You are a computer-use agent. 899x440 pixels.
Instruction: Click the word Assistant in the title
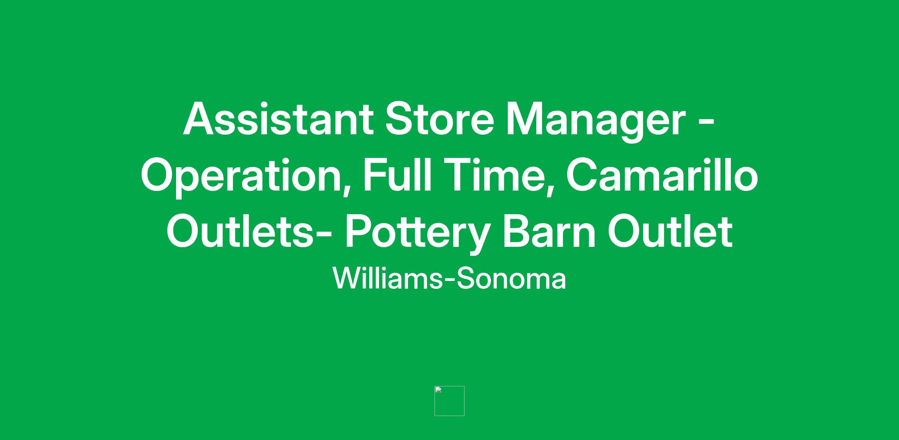[x=278, y=119]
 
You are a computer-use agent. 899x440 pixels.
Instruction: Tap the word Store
[x=440, y=119]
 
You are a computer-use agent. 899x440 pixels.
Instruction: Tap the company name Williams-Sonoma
[x=449, y=278]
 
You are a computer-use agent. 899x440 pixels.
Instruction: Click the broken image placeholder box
[x=449, y=401]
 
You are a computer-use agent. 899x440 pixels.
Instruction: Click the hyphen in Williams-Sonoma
[x=449, y=281]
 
